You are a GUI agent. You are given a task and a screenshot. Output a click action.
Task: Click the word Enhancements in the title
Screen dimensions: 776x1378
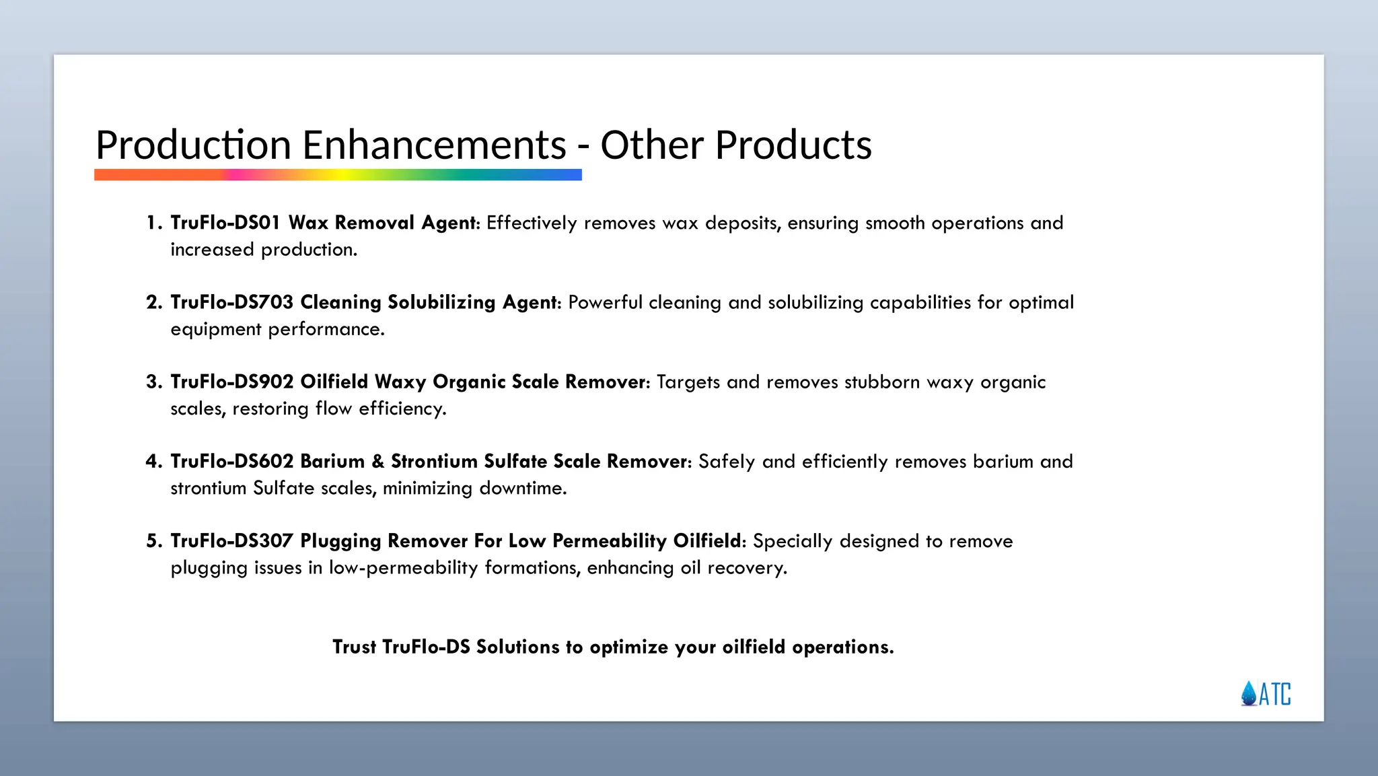pyautogui.click(x=434, y=145)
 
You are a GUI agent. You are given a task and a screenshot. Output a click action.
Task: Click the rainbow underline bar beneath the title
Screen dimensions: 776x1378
pyautogui.click(x=338, y=175)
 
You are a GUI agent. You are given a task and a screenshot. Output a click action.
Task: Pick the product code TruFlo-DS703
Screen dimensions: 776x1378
pyautogui.click(x=232, y=302)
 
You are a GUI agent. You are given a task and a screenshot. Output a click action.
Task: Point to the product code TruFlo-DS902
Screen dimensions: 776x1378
pyautogui.click(x=232, y=382)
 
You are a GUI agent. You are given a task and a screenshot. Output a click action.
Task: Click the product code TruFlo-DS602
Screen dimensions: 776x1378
pyautogui.click(x=232, y=461)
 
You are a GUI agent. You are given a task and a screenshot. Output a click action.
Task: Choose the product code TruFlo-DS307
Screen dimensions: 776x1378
pyautogui.click(x=232, y=540)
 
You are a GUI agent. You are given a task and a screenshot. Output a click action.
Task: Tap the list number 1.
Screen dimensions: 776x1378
pyautogui.click(x=152, y=223)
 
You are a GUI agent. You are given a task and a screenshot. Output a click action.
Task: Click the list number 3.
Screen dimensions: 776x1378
pyautogui.click(x=152, y=382)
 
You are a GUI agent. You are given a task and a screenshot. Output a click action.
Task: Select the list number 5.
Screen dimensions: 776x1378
pyautogui.click(x=152, y=540)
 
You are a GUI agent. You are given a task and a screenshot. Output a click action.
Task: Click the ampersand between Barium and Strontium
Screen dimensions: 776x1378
pyautogui.click(x=377, y=461)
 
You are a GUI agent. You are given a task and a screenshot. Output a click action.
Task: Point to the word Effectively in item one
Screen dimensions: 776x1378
pyautogui.click(x=532, y=223)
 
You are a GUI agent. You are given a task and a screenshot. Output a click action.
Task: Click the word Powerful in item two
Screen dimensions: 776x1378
pyautogui.click(x=605, y=302)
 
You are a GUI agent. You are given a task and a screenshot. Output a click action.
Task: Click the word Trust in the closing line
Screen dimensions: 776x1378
pyautogui.click(x=354, y=647)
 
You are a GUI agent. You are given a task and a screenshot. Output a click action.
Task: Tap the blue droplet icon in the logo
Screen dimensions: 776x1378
pyautogui.click(x=1249, y=693)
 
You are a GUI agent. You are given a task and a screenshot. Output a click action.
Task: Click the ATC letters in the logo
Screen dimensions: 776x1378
pyautogui.click(x=1275, y=694)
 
